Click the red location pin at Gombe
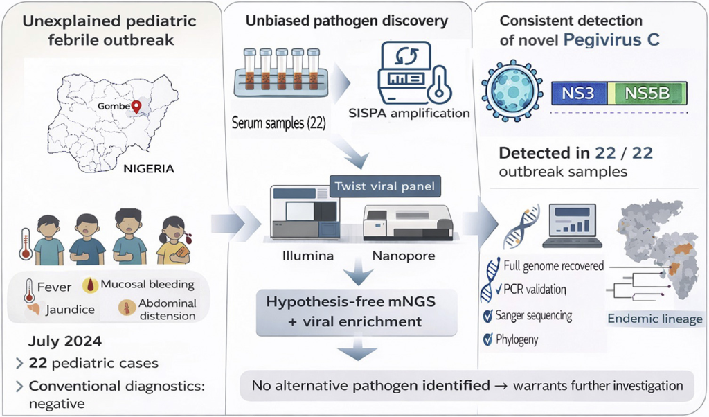(136, 106)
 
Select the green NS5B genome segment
(647, 93)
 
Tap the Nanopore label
(404, 256)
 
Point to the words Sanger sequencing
(533, 316)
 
